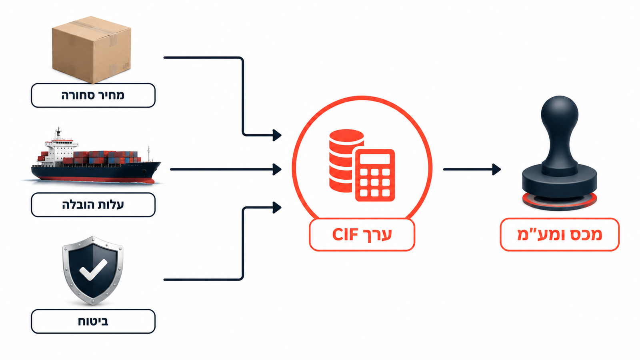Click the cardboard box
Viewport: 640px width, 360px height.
(92, 50)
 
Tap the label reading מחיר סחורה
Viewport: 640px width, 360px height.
(93, 96)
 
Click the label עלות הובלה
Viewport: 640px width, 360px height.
(93, 205)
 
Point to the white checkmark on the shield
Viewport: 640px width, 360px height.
(93, 270)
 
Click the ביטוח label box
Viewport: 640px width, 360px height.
(93, 321)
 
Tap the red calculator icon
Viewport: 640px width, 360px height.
(375, 175)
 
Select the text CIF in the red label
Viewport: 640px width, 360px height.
(345, 234)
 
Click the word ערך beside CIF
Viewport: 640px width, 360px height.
(377, 236)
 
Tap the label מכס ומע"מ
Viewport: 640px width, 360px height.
(560, 234)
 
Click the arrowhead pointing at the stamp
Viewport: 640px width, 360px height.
(496, 170)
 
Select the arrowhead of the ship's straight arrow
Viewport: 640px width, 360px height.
(277, 170)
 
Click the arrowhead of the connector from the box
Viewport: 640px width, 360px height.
(277, 135)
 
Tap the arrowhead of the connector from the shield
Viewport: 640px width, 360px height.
(277, 208)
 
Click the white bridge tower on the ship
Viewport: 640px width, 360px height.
(60, 148)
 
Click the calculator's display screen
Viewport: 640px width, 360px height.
(375, 159)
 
